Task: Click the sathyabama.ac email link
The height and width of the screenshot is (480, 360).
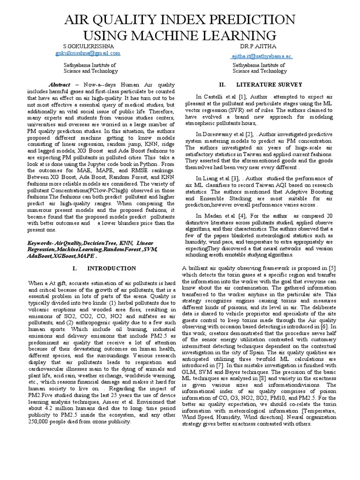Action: click(x=262, y=56)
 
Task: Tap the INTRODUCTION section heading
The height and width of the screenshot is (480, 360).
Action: click(x=112, y=269)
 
